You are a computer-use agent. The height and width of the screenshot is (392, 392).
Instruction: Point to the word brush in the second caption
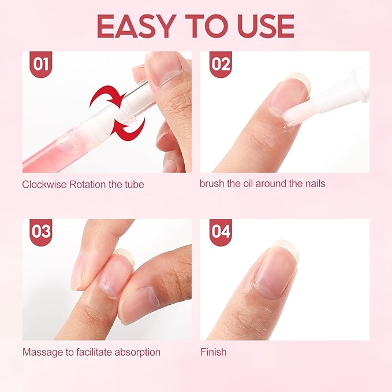click(x=212, y=184)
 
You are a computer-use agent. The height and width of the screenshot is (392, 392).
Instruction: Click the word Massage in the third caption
click(x=40, y=352)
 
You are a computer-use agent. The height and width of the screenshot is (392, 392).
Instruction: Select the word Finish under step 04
click(x=213, y=352)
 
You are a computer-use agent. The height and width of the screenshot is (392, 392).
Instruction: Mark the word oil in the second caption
click(x=251, y=184)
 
